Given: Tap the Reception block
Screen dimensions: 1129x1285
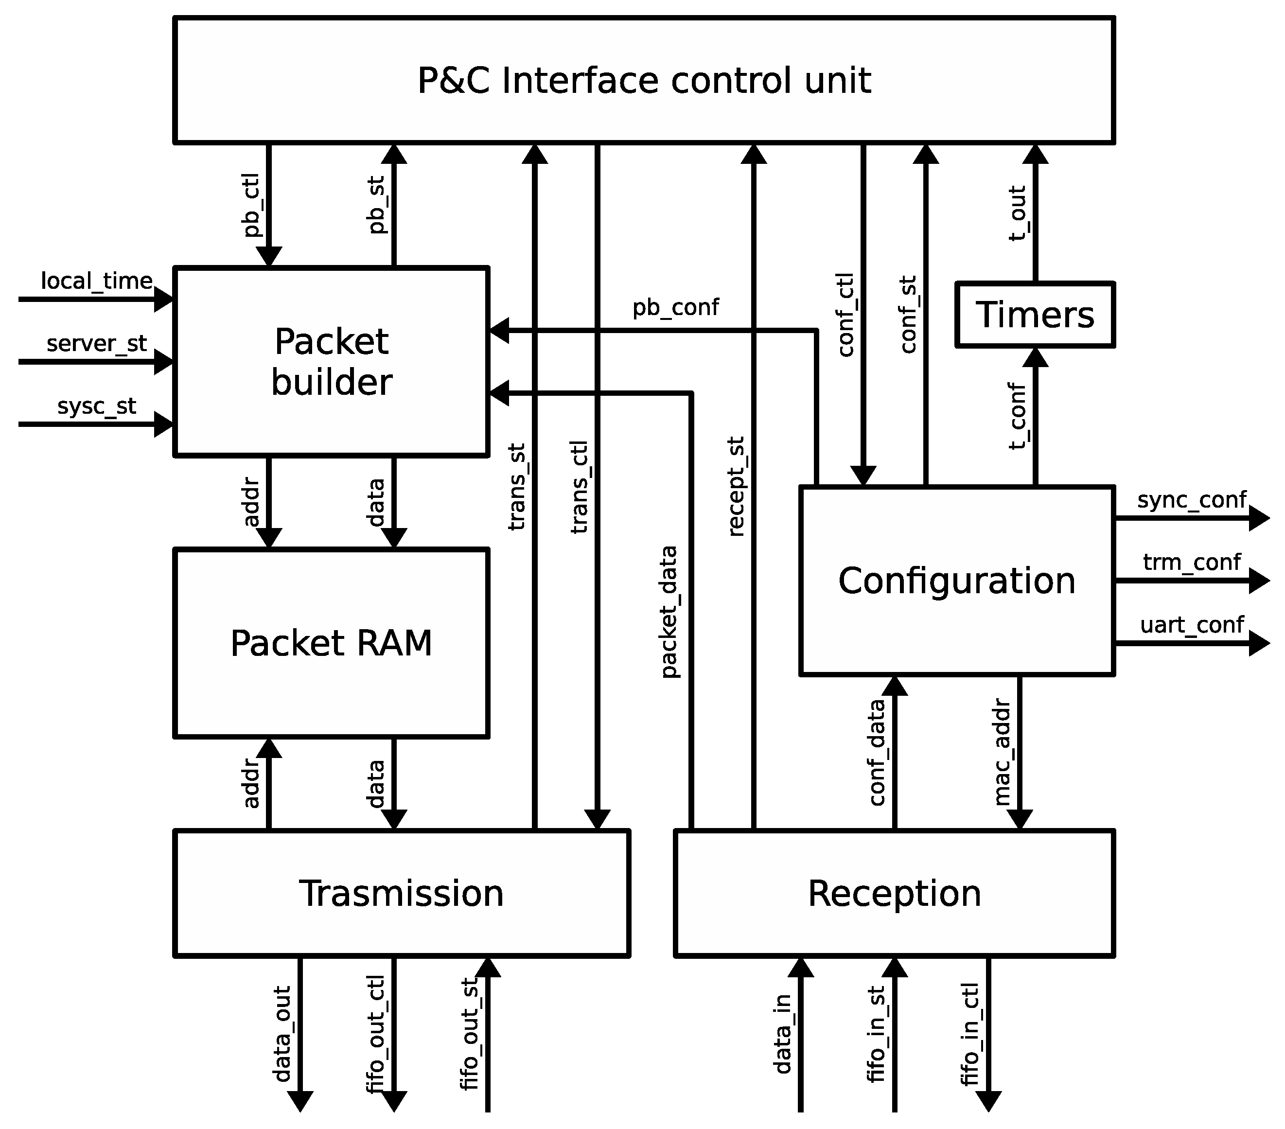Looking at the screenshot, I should [894, 893].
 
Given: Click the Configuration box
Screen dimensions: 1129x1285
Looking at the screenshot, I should [956, 580].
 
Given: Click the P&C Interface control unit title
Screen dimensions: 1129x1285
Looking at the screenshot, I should [644, 80].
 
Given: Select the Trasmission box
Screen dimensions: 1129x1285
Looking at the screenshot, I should [401, 893].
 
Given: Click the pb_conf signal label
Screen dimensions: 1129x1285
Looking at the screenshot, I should [675, 307].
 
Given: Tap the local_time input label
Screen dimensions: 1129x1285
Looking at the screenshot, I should [96, 281].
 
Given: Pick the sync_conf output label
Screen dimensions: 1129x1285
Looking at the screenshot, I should [1191, 500].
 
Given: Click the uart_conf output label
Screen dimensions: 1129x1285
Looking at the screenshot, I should [1191, 625].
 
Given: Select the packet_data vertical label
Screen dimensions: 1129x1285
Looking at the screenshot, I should [669, 612].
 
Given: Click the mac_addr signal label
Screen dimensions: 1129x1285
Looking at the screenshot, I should [1002, 753].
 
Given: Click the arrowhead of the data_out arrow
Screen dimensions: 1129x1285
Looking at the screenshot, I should [300, 1100].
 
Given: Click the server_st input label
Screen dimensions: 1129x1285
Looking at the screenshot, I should [96, 343].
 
